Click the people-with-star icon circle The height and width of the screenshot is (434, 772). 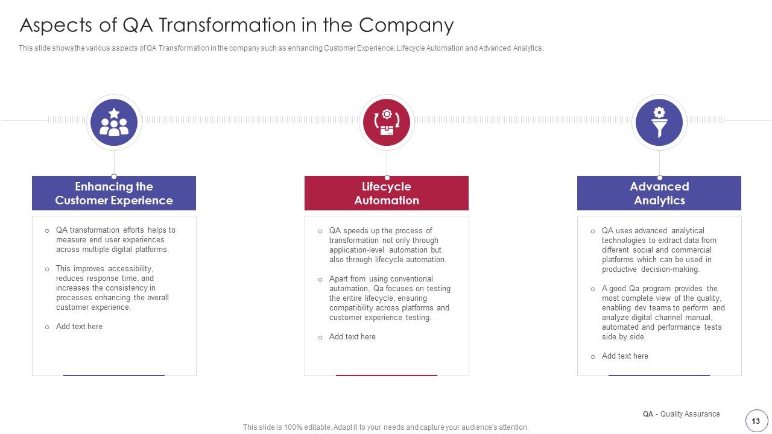[x=114, y=122]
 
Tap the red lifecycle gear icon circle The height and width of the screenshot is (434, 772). [x=387, y=122]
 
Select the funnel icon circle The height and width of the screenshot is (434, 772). [x=659, y=122]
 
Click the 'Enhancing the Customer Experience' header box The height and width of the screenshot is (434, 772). [x=114, y=193]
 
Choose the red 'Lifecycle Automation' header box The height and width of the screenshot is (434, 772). [x=387, y=193]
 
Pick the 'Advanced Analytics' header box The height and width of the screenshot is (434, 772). [x=659, y=193]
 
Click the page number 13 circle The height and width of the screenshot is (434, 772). [x=756, y=421]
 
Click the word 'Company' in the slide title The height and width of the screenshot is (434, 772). [x=406, y=25]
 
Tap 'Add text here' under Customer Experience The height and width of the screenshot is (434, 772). [x=79, y=327]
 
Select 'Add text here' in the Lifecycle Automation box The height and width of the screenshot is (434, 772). [x=352, y=337]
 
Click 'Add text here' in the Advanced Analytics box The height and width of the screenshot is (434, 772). [x=625, y=356]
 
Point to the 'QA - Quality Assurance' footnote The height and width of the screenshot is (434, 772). [x=681, y=414]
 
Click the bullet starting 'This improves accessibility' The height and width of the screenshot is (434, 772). [x=112, y=288]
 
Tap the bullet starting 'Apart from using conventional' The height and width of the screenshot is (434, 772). [x=390, y=298]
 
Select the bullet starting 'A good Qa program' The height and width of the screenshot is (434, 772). [x=663, y=313]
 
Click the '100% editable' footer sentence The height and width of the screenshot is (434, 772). [x=385, y=427]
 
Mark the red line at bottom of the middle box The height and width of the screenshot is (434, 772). [x=387, y=375]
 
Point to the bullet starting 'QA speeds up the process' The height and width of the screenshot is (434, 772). [x=387, y=245]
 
